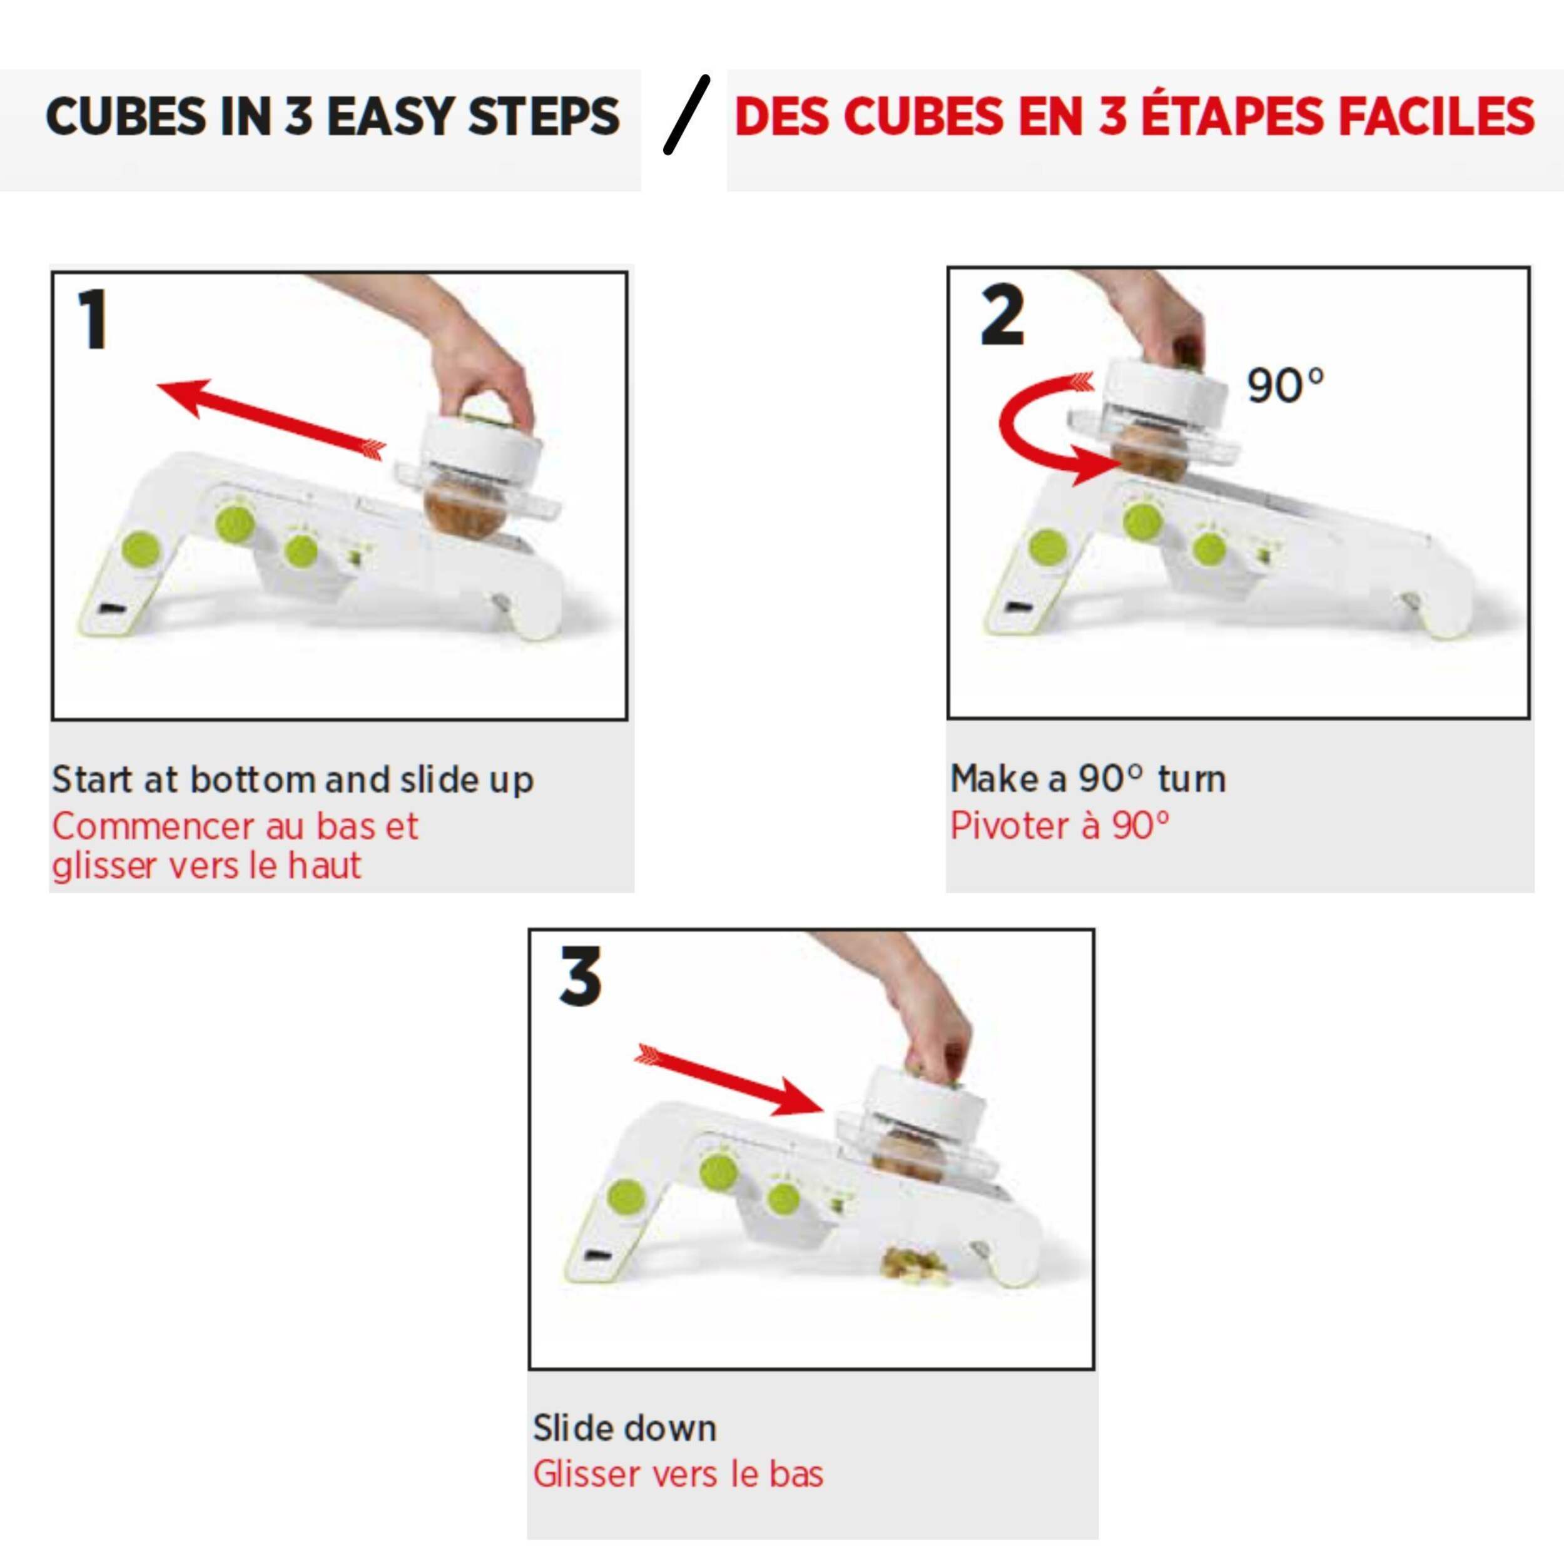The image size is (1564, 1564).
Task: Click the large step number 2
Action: [1002, 316]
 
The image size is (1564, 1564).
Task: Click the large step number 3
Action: [581, 977]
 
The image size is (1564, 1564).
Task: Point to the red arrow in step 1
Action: [271, 419]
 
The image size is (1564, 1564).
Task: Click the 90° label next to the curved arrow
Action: [1285, 386]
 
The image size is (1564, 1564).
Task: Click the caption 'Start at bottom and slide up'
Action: [292, 779]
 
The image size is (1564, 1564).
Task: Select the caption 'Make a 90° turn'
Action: [1088, 778]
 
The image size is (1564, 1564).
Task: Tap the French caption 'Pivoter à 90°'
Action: [1060, 825]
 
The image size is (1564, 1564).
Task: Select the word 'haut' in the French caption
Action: [324, 865]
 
